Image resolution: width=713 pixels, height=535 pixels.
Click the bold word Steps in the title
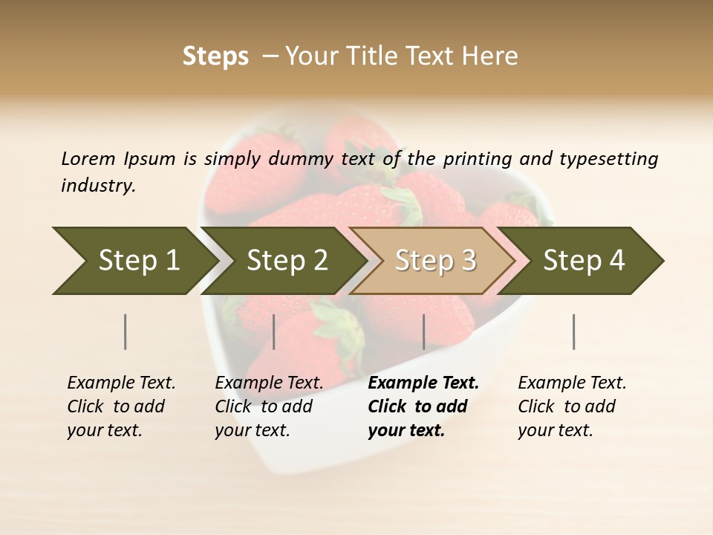(x=215, y=56)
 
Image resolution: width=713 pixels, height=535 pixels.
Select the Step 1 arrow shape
(x=134, y=261)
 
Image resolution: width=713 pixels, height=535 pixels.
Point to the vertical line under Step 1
(x=126, y=331)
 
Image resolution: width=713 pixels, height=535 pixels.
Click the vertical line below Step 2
(x=274, y=331)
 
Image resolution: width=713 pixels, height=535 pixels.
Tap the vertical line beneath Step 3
(x=424, y=331)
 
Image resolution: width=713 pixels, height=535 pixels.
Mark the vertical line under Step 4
(x=574, y=331)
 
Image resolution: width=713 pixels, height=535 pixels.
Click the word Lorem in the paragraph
(x=88, y=159)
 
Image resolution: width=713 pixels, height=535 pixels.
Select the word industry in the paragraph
(x=98, y=186)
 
